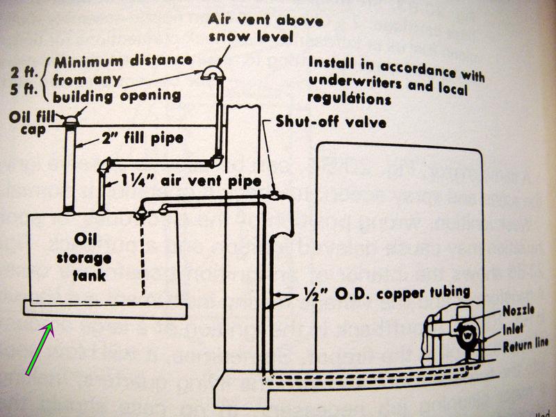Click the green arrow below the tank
click(x=38, y=347)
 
